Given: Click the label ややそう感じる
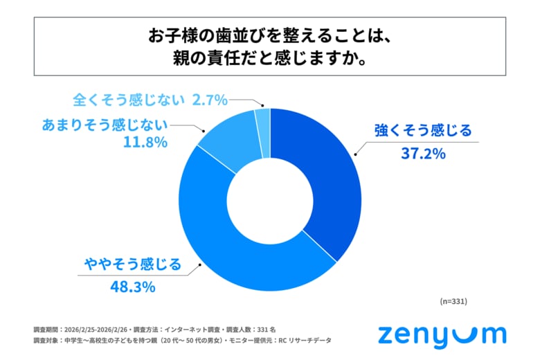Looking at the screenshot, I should click(132, 264).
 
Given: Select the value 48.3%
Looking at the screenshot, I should click(132, 286).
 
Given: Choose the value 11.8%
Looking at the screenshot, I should click(145, 144).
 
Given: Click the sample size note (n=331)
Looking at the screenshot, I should click(454, 302).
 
